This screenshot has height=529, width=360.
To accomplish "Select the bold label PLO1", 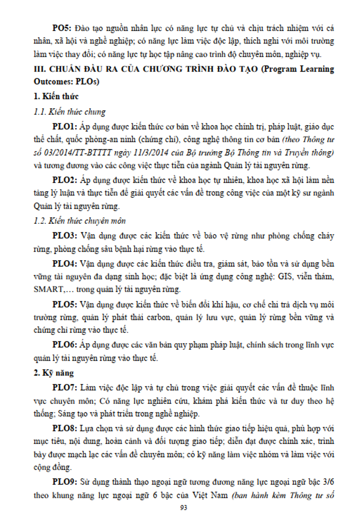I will tap(65, 127).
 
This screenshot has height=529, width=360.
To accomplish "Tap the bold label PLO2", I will tap(65, 180).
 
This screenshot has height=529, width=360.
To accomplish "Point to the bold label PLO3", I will tap(65, 236).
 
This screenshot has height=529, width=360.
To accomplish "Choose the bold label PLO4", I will tap(65, 263).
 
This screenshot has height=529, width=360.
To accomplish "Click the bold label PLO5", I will tap(65, 304).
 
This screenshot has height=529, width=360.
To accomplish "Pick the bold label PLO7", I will tap(65, 387).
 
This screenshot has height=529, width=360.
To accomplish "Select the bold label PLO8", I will tap(65, 428).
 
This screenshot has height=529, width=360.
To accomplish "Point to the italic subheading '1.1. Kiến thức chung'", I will tap(70, 112).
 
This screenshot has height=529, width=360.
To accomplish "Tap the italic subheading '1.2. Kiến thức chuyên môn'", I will tap(80, 221).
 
